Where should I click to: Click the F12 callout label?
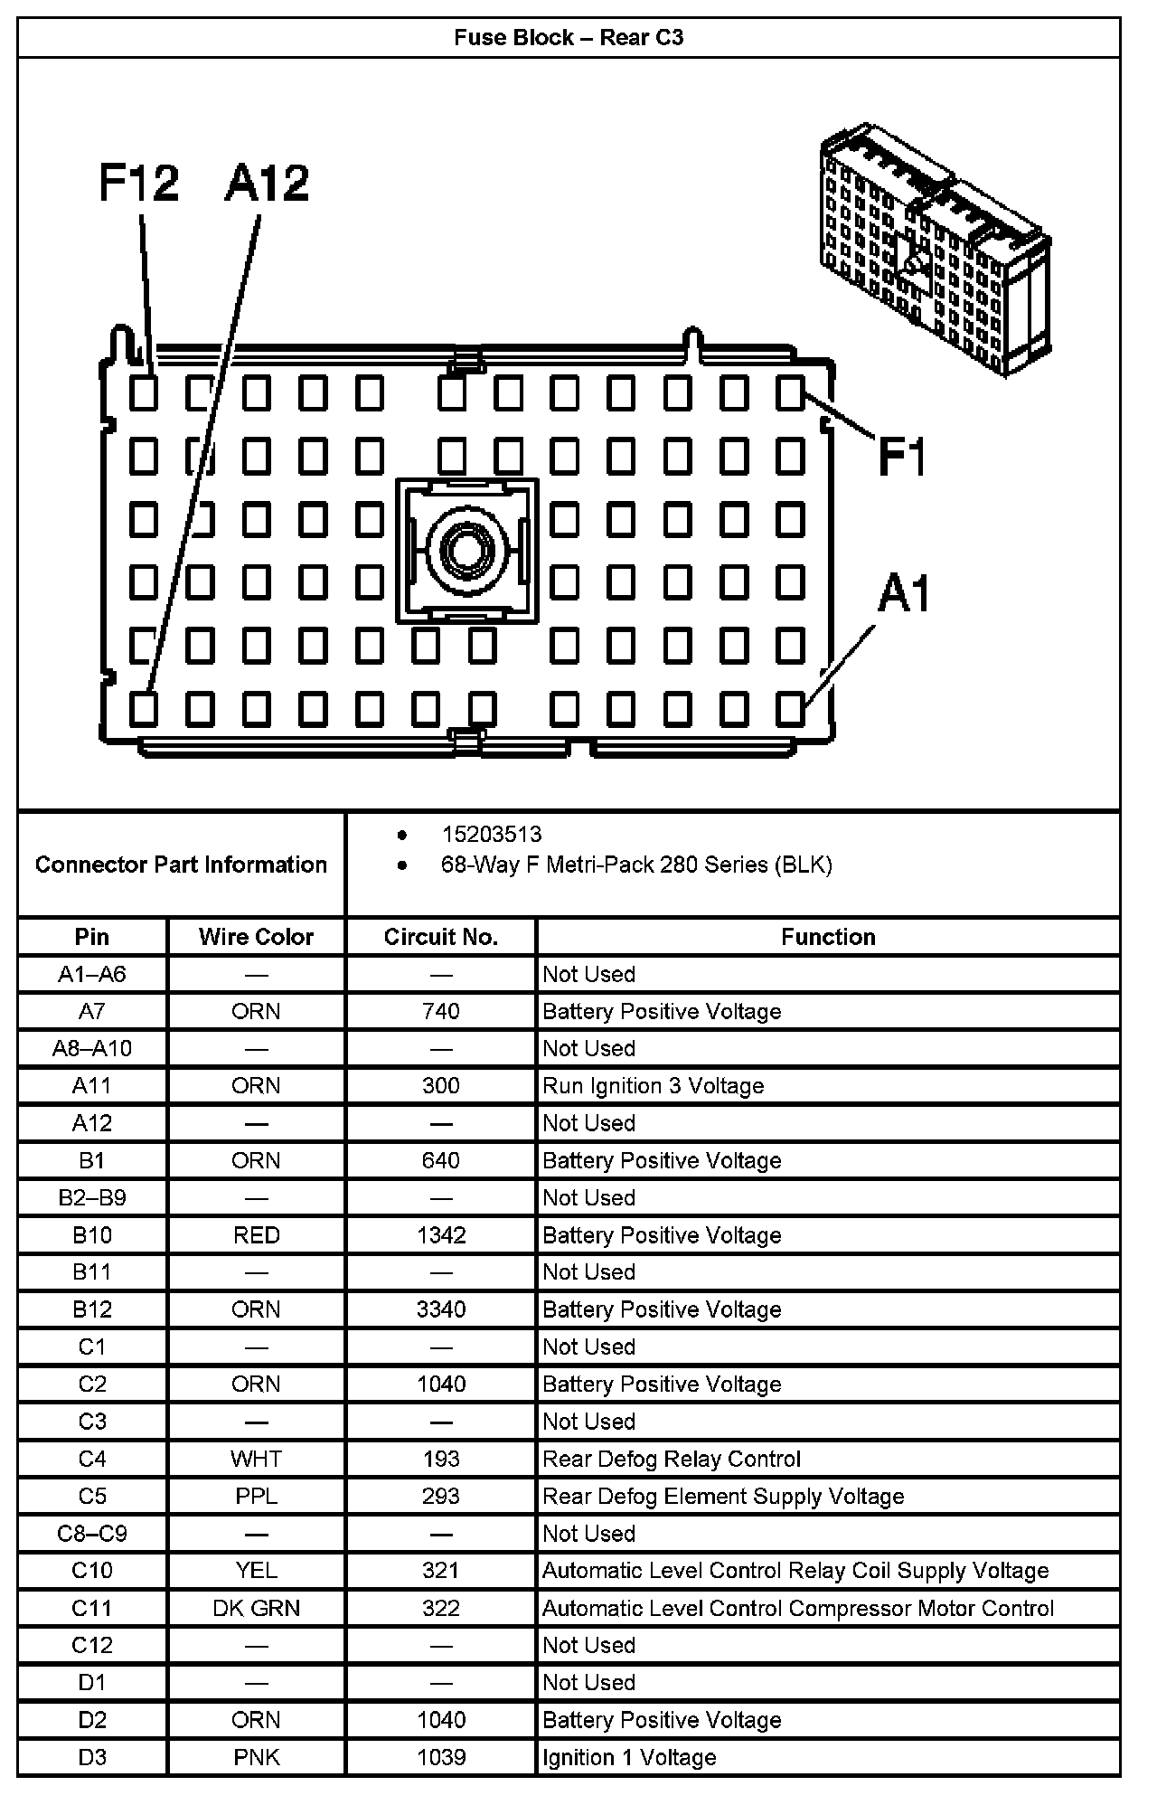138,183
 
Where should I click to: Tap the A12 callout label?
267,183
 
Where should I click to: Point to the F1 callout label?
903,456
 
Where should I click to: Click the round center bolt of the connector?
466,550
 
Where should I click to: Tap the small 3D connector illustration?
935,250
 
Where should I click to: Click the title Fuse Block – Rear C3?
569,38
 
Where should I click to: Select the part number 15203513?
491,834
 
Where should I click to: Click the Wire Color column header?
256,937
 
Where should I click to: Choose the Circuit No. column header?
440,937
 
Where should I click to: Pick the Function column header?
827,937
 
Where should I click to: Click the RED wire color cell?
256,1235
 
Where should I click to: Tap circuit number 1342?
440,1235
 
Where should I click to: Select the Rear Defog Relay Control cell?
671,1459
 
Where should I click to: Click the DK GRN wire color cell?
256,1608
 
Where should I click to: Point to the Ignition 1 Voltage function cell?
629,1757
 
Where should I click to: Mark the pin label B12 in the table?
92,1309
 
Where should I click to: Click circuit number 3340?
440,1309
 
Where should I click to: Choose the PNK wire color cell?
256,1757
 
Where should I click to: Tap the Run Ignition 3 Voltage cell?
653,1086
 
